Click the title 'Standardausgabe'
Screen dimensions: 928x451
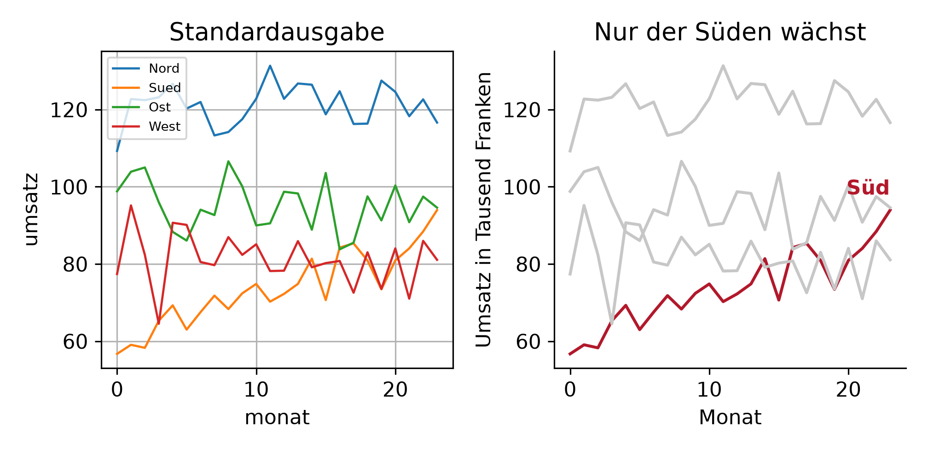pos(277,33)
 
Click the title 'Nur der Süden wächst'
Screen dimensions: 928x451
pos(730,33)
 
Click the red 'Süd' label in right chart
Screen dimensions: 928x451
pos(868,188)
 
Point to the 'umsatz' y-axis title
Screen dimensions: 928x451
pos(31,210)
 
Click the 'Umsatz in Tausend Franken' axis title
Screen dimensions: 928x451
pos(483,210)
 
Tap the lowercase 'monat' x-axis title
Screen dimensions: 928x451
pos(277,418)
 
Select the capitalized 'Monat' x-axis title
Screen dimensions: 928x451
pos(730,418)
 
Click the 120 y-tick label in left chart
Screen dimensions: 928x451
pos(69,111)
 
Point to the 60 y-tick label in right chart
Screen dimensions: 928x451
pos(528,342)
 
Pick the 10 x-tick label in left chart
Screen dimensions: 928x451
pos(256,390)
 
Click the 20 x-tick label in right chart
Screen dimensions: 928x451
pos(848,390)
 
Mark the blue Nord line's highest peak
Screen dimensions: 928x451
pos(270,66)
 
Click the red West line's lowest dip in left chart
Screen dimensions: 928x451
pos(159,324)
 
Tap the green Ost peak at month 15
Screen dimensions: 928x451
pos(326,173)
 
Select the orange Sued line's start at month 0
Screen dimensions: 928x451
pos(117,354)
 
